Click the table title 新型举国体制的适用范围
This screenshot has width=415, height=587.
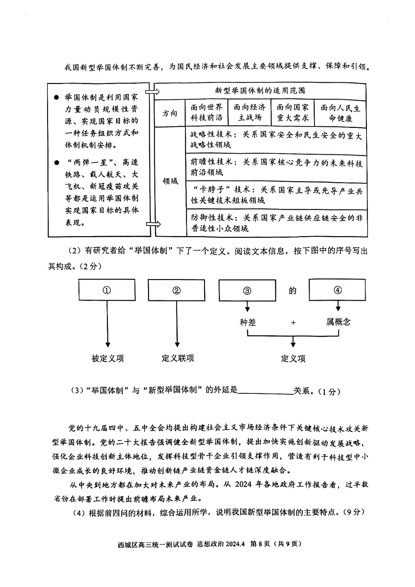click(260, 91)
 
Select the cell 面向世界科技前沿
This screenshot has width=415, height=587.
click(206, 112)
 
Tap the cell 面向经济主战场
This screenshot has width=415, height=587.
click(250, 112)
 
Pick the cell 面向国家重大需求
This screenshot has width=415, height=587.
click(293, 113)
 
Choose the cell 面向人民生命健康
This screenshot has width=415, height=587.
click(340, 113)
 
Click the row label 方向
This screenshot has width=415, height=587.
click(170, 113)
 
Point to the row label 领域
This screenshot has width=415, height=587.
click(170, 181)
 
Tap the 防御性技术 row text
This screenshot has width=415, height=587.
click(277, 223)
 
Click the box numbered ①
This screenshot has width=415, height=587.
click(107, 290)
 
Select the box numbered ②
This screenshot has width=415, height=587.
click(176, 290)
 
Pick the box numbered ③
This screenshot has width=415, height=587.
click(247, 290)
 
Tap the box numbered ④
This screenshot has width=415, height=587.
click(338, 290)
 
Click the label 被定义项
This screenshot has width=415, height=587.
click(108, 358)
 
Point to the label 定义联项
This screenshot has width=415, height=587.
click(178, 358)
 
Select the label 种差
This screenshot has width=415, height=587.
click(248, 322)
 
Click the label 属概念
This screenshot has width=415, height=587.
click(338, 322)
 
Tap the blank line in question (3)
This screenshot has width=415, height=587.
click(265, 394)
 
